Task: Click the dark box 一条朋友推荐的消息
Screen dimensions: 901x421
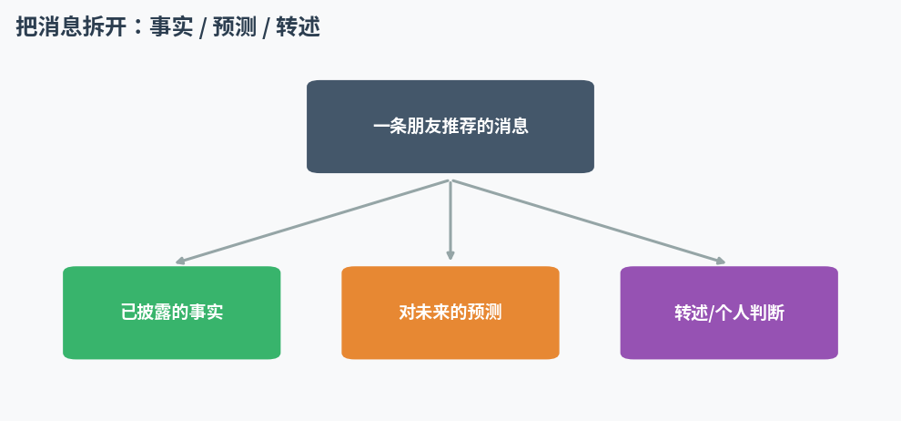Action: pos(450,127)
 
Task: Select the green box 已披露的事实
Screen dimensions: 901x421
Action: pos(172,313)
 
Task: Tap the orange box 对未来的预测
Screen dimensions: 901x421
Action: pos(450,313)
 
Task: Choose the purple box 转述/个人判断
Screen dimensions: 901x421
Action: pos(729,313)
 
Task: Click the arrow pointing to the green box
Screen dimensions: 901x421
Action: pos(312,222)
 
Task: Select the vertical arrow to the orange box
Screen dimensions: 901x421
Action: pos(450,221)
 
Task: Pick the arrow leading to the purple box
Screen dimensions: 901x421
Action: pos(589,222)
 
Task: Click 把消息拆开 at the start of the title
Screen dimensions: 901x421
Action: pos(70,27)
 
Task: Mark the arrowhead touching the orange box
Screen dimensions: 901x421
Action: pos(450,255)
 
